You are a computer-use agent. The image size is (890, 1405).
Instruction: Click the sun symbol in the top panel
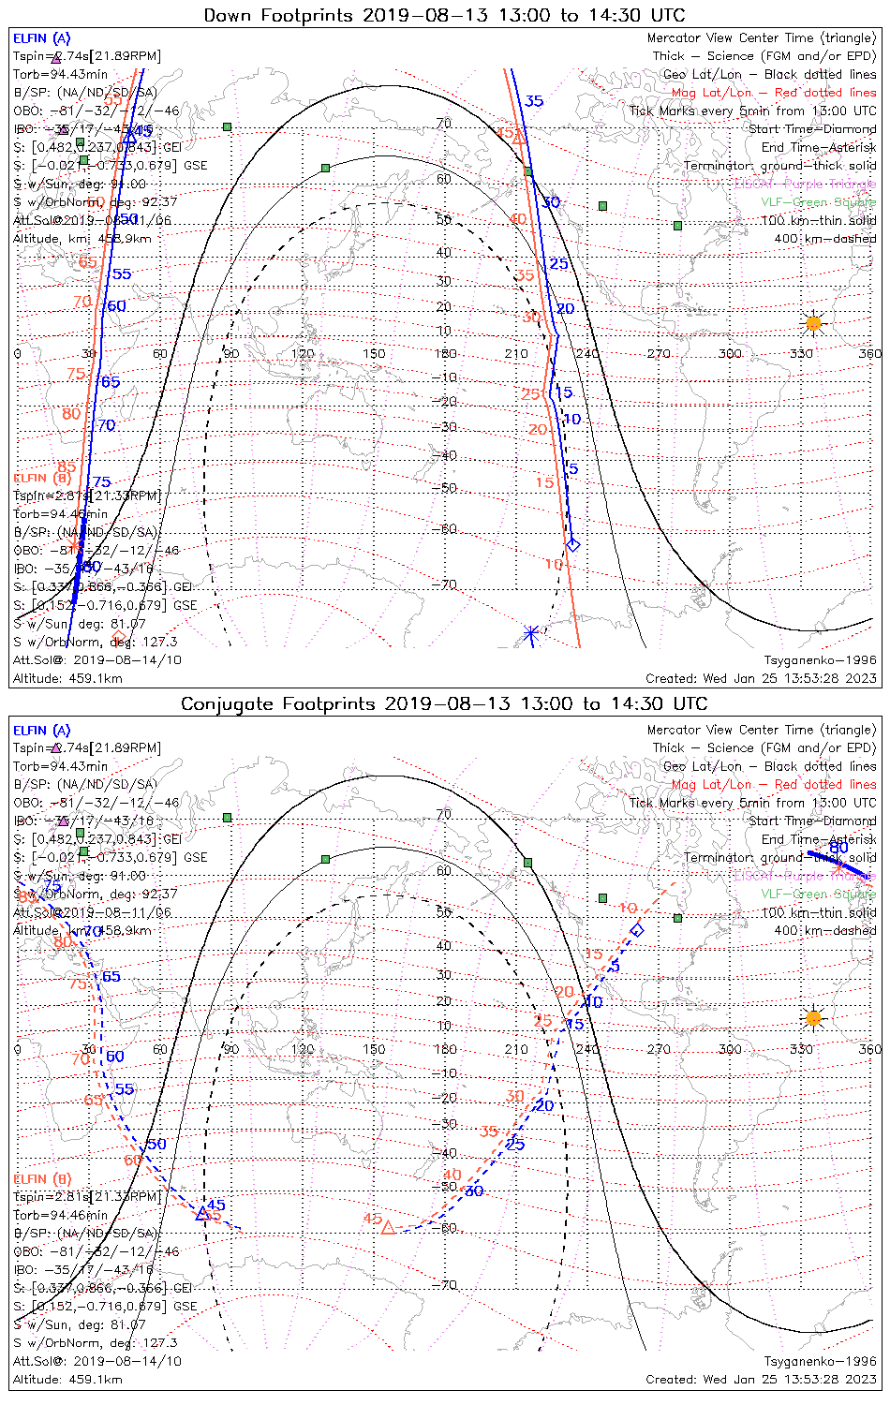point(813,324)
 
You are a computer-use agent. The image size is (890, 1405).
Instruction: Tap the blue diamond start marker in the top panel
point(573,544)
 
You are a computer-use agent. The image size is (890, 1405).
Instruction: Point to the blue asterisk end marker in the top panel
point(531,634)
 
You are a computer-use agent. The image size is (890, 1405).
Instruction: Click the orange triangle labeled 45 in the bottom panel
point(387,1225)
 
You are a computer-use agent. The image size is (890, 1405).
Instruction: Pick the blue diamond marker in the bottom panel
point(637,930)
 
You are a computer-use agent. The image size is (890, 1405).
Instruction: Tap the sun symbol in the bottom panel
point(813,1017)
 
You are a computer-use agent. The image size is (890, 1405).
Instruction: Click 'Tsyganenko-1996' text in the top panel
point(820,660)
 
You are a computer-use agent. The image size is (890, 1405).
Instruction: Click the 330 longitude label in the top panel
point(801,353)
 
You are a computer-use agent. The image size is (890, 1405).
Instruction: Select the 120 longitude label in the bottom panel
point(303,1049)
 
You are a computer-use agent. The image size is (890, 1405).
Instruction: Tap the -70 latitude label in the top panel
point(444,585)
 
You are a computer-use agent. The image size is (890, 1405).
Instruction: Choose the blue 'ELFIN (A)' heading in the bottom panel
point(42,730)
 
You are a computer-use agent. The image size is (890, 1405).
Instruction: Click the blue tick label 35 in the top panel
point(534,101)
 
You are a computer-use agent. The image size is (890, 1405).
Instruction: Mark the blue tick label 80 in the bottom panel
point(838,848)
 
